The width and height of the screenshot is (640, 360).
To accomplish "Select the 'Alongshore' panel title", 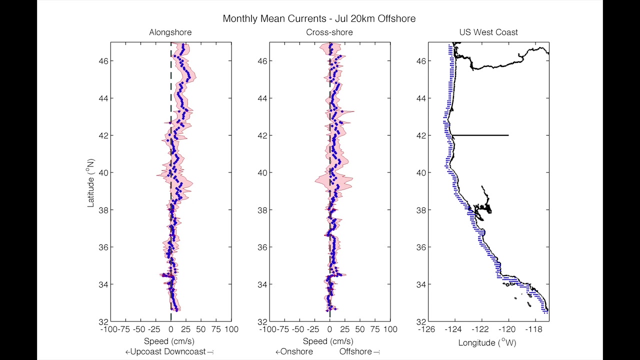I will (170, 32).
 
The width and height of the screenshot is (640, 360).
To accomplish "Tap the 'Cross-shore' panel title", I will (329, 32).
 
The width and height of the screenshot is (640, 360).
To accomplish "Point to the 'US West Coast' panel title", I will (488, 32).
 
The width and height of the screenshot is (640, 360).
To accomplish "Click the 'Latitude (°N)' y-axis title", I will (91, 182).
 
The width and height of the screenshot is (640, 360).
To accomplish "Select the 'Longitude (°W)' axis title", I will (488, 342).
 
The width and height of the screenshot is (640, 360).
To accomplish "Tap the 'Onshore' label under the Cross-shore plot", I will (297, 351).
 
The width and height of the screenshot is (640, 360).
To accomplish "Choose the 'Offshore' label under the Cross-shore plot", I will (355, 351).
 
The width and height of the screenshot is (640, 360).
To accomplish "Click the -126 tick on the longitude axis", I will (426, 329).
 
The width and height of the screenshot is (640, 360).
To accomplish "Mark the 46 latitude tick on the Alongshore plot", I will (102, 61).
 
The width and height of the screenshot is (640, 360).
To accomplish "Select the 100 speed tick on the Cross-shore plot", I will (390, 329).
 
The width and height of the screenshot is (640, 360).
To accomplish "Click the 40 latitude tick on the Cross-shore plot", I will (261, 172).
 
